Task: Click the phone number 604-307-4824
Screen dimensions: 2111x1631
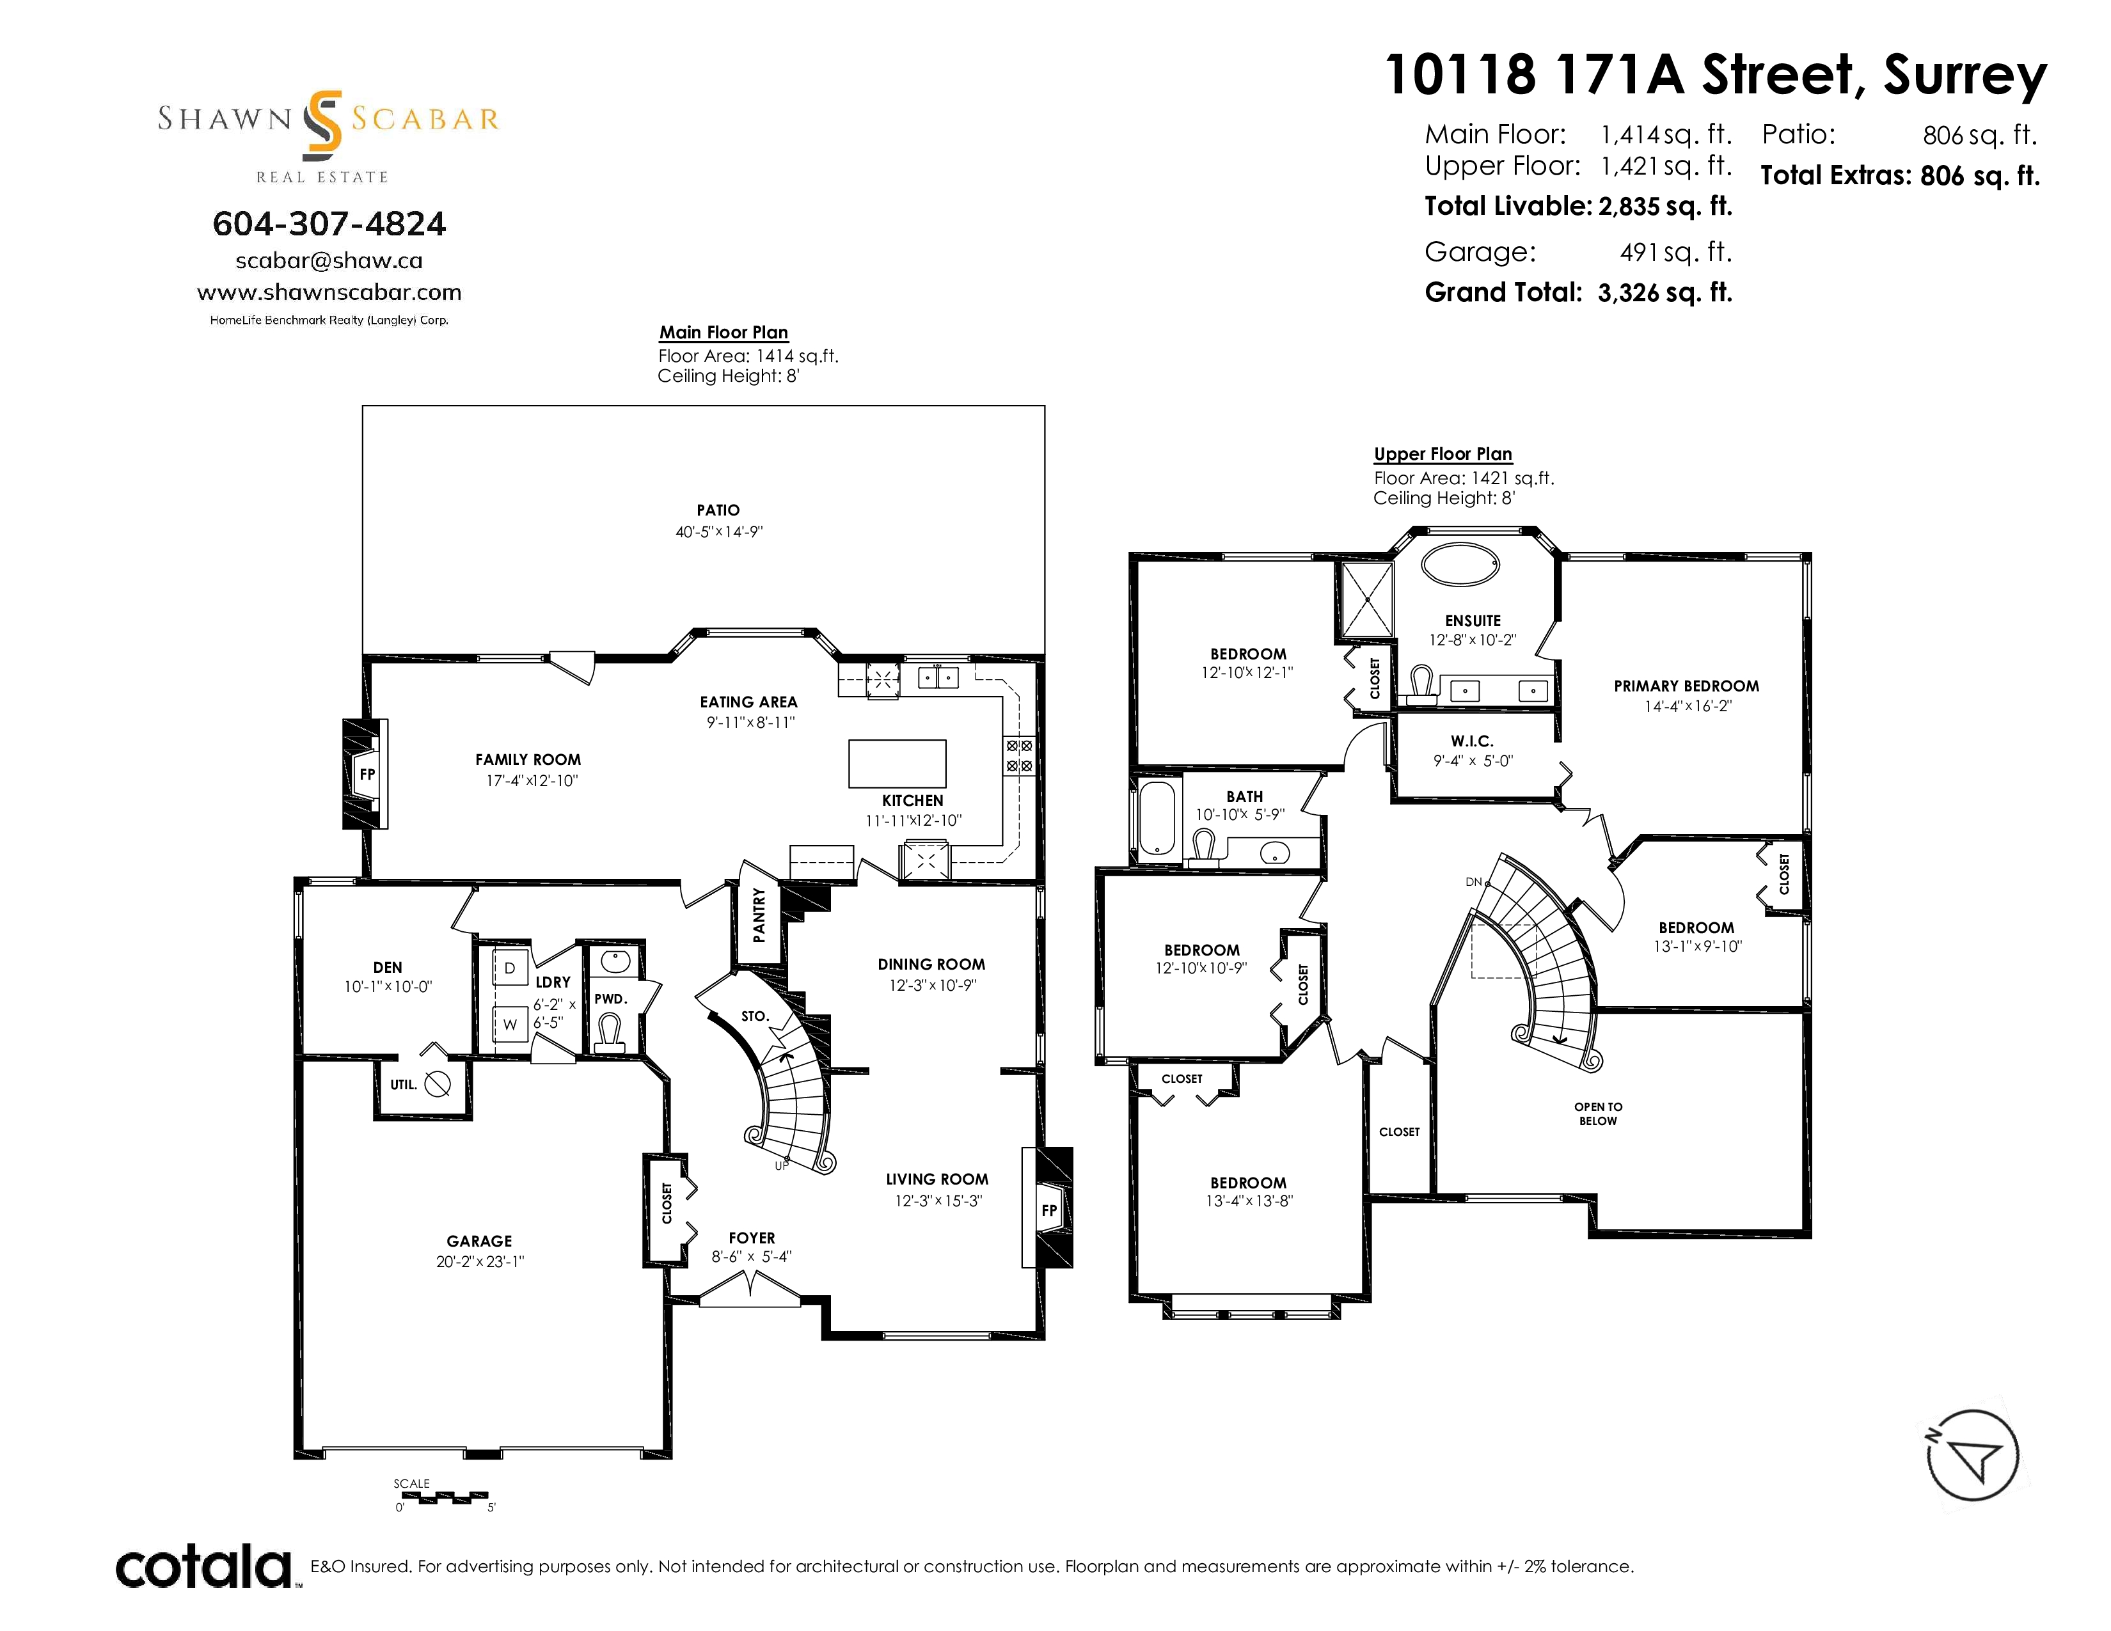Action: (x=329, y=224)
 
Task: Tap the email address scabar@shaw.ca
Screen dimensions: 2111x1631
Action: (x=329, y=260)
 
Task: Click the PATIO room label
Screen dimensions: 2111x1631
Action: (x=718, y=510)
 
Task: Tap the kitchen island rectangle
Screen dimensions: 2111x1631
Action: (x=897, y=763)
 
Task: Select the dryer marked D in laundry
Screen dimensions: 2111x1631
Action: (x=509, y=967)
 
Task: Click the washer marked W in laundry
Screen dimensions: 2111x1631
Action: (x=509, y=1024)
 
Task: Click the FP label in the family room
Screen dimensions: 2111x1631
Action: (x=367, y=774)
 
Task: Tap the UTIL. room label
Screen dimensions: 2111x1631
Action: (x=403, y=1085)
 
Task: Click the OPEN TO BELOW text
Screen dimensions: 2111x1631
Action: (x=1598, y=1114)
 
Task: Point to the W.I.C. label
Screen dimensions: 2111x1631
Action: (x=1472, y=741)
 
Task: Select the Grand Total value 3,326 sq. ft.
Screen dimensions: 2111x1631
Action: (x=1664, y=293)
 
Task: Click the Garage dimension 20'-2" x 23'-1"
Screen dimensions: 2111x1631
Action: (x=479, y=1261)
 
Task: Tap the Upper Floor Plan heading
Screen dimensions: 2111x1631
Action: (x=1443, y=454)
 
